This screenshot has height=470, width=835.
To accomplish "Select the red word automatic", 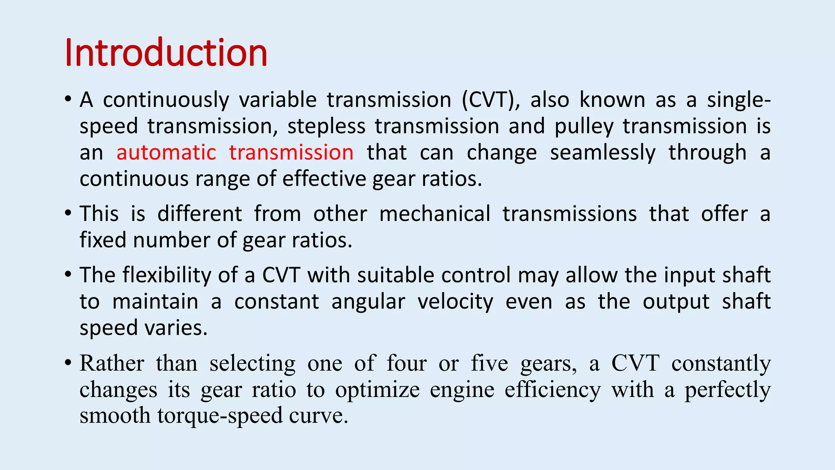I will click(166, 153).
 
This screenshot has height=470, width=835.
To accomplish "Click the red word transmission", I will click(291, 153).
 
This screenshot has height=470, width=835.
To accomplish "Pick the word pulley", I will click(583, 126).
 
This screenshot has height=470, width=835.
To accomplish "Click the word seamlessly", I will click(603, 153).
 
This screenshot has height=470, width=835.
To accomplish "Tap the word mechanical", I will click(435, 214).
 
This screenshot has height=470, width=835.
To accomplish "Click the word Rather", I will click(112, 363).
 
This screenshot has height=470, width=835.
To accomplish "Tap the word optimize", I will click(377, 390).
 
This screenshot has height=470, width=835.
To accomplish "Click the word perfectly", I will click(727, 390).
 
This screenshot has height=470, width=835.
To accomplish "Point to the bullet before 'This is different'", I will click(68, 213).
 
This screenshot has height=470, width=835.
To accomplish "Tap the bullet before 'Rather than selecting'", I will click(68, 362).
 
